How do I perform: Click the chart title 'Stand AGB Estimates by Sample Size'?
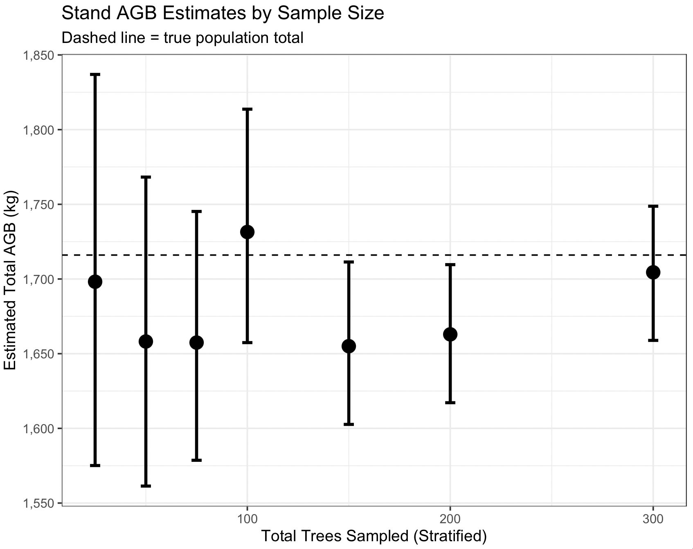coord(223,13)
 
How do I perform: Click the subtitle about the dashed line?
coord(182,38)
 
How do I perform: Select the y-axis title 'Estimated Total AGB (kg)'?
coord(10,280)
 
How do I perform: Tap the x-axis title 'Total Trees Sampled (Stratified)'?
coord(374,536)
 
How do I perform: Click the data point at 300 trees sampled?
coord(653,272)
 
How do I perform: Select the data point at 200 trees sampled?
coord(450,334)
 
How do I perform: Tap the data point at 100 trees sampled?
coord(247,232)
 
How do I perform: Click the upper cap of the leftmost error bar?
coord(95,74)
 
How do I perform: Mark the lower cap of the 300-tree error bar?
coord(653,340)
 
